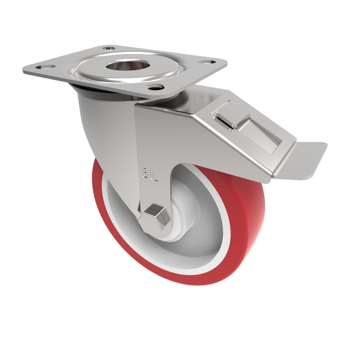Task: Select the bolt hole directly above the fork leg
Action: (x=155, y=87)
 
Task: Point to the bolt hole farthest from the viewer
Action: (x=108, y=47)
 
